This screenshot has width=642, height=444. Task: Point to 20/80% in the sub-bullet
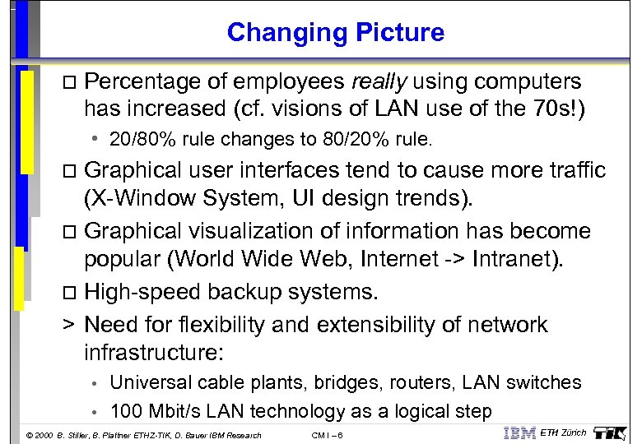[x=137, y=139]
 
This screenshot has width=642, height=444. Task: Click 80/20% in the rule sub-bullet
[x=359, y=139]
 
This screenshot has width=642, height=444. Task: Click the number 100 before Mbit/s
[x=126, y=411]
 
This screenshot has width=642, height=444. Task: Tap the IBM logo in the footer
[x=519, y=433]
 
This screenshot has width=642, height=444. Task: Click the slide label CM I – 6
[x=328, y=435]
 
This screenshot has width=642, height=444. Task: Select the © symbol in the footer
[x=29, y=435]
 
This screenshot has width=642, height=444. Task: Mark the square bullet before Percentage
[x=69, y=83]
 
